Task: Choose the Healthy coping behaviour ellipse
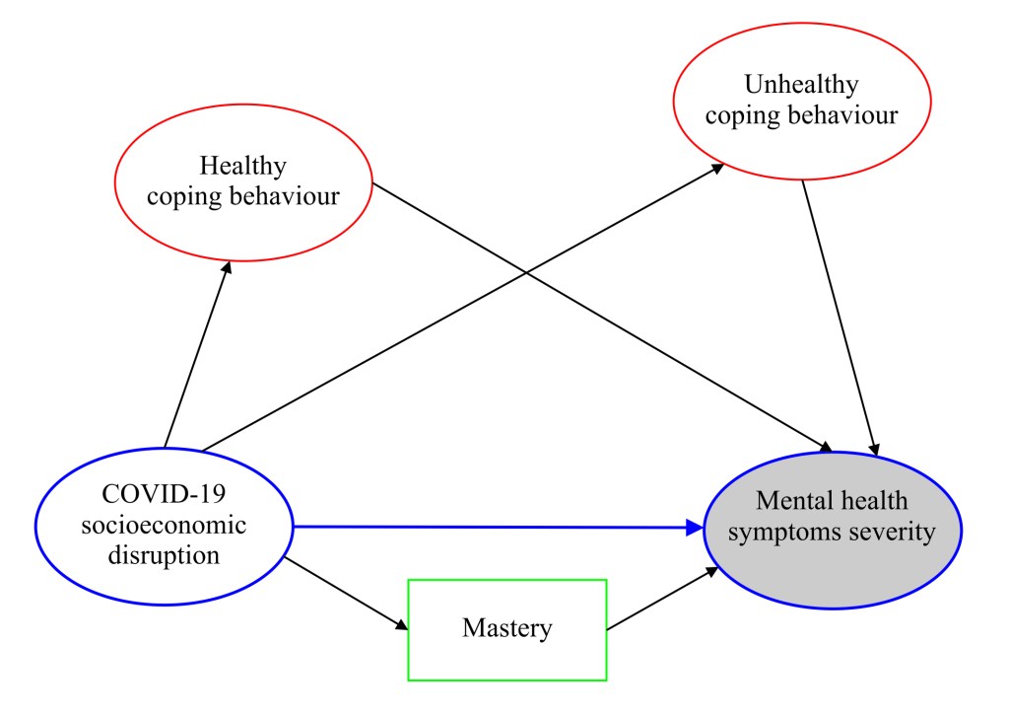243,179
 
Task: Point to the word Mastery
506,628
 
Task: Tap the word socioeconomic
165,525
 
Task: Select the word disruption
165,554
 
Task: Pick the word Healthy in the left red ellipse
242,165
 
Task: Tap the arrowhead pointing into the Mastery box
401,626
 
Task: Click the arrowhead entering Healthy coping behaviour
227,267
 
